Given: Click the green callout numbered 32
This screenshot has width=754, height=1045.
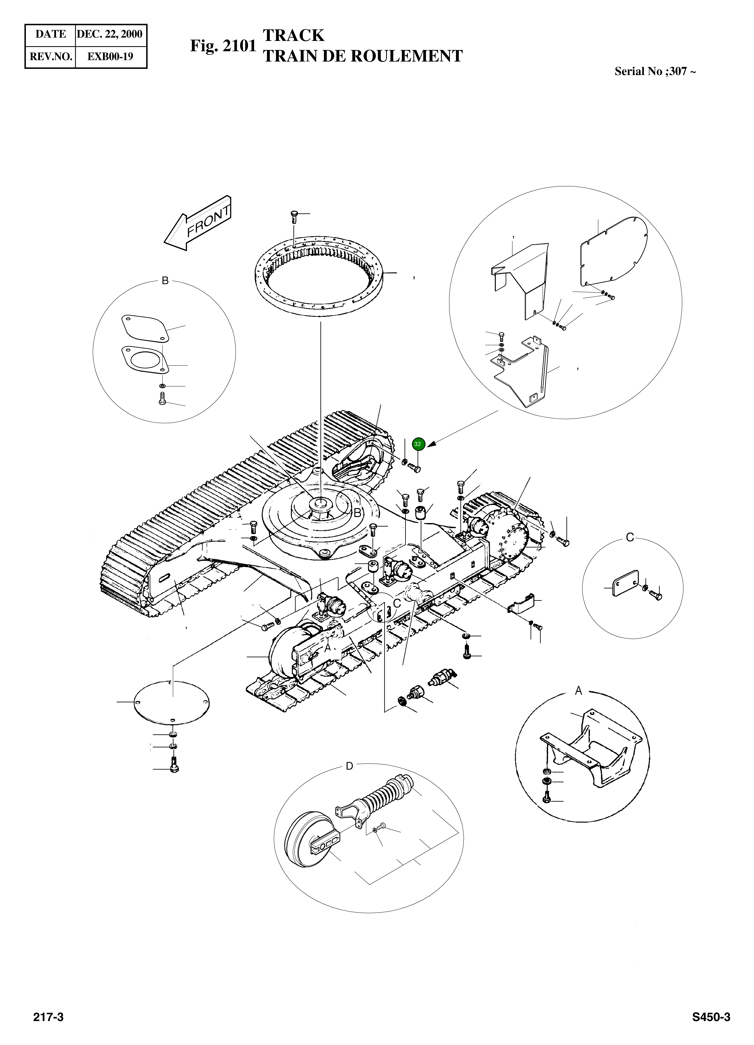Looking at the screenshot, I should point(418,444).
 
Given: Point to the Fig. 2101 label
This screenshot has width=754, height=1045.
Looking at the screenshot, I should point(223,46).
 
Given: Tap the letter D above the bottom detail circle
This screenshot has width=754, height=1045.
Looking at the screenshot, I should point(349,766).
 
